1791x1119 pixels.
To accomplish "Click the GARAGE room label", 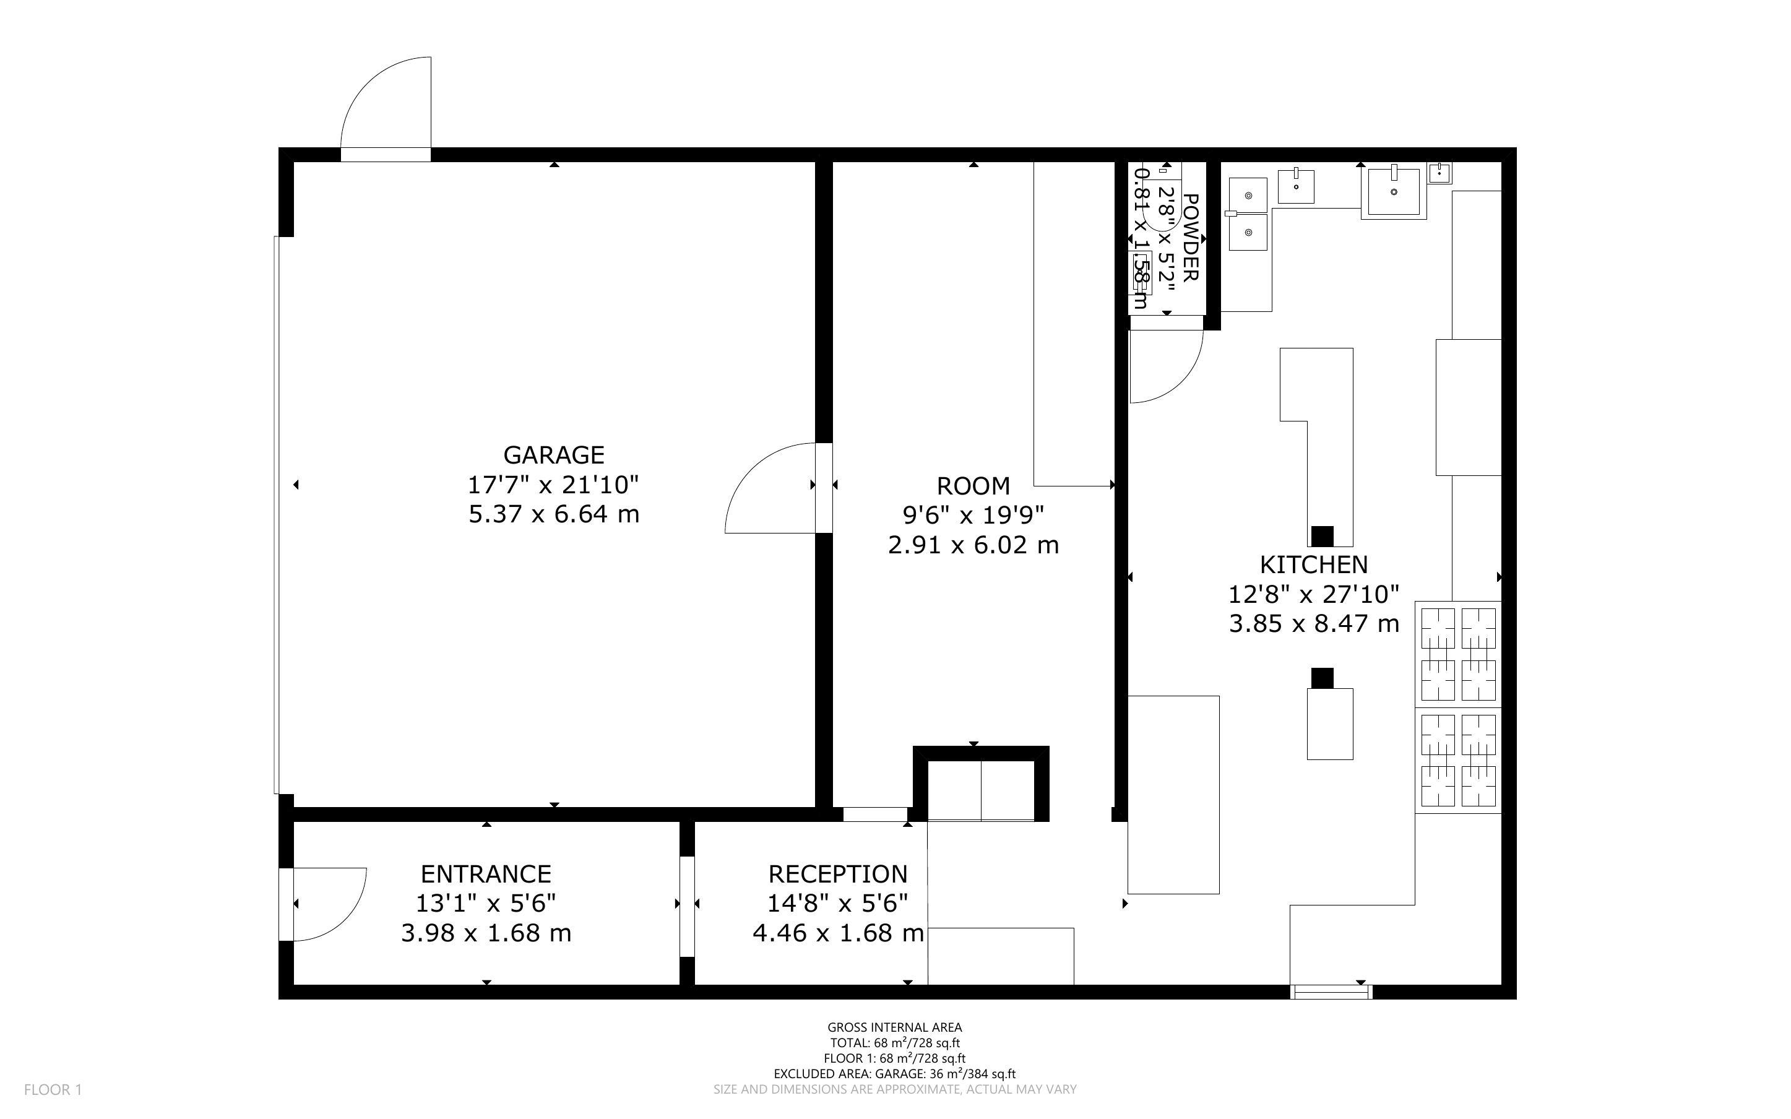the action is pos(553,454).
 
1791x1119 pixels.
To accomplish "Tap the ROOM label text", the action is pos(973,486).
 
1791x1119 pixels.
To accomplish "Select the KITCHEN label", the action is pos(1314,564).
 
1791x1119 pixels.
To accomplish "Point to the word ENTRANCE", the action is pos(486,874).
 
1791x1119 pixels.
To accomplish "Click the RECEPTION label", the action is pos(837,874).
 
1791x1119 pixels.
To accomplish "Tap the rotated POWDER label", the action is pos(1190,238).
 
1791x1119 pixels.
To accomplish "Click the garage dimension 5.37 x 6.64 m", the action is pos(553,514).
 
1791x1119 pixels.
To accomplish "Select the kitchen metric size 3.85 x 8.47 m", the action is pos(1314,624).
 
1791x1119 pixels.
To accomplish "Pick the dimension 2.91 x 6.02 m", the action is pos(973,545).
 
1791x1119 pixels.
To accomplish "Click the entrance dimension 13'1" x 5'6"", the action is pos(486,903).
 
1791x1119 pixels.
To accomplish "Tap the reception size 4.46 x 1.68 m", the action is pos(837,933).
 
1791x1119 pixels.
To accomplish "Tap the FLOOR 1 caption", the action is pos(53,1089).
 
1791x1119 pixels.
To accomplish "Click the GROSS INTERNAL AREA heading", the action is pos(894,1027).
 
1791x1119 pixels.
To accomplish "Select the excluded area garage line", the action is pos(894,1074).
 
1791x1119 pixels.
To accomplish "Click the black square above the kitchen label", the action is pos(1322,536).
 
